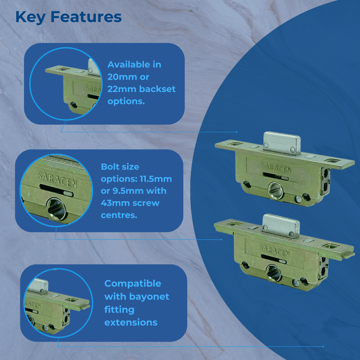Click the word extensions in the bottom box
coord(130,322)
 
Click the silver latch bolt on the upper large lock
coord(279,140)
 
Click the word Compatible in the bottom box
coord(132,283)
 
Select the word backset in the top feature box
coord(157,89)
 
